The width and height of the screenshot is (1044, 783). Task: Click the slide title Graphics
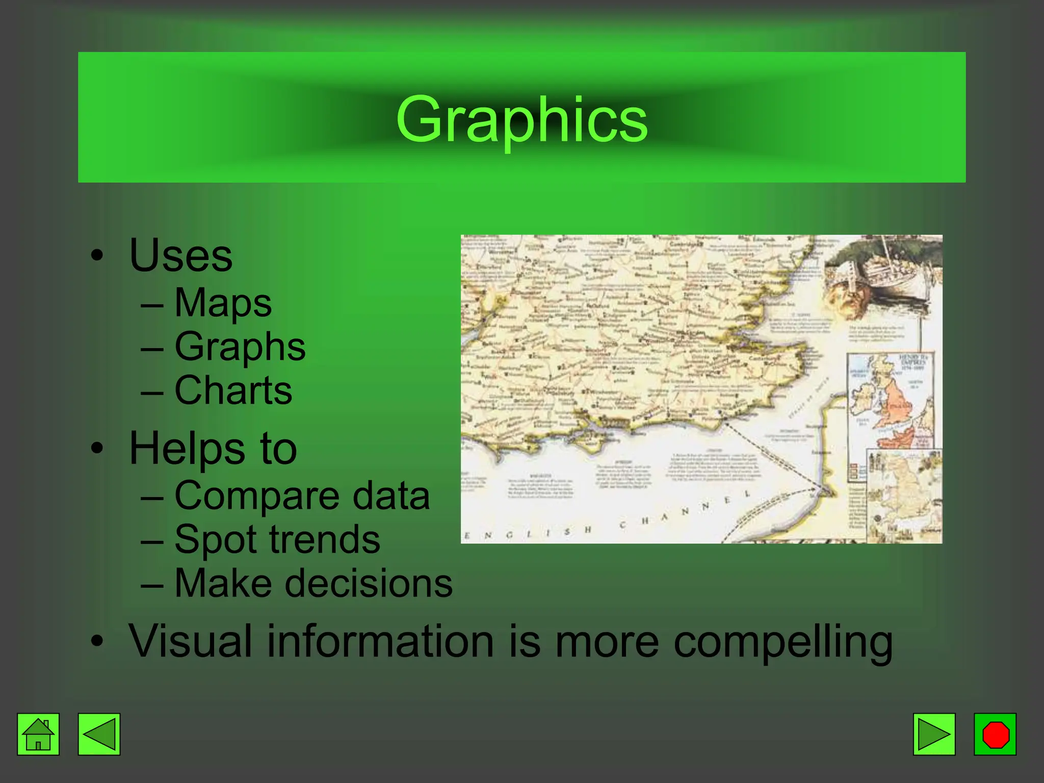(x=521, y=120)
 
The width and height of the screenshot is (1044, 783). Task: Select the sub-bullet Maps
(x=223, y=303)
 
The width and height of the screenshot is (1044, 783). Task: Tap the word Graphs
(x=240, y=347)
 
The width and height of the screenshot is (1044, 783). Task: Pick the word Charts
(x=233, y=390)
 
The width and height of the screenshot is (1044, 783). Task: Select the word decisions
(x=368, y=583)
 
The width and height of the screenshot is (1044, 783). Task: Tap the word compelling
(x=782, y=642)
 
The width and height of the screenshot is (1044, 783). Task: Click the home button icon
(x=38, y=734)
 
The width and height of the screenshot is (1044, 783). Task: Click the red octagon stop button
(x=995, y=734)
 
